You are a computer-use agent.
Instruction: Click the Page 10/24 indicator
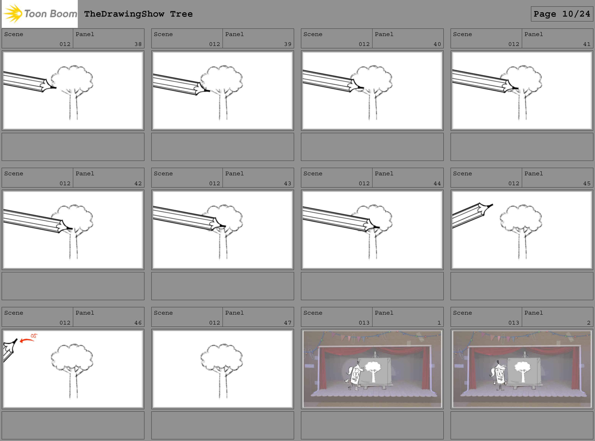pyautogui.click(x=562, y=14)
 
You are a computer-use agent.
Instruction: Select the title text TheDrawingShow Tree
pyautogui.click(x=138, y=14)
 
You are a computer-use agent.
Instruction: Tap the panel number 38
pyautogui.click(x=138, y=44)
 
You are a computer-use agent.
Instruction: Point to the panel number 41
pyautogui.click(x=587, y=44)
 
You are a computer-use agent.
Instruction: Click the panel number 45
pyautogui.click(x=587, y=183)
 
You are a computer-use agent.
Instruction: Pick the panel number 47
pyautogui.click(x=288, y=323)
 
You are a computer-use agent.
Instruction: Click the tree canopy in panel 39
pyautogui.click(x=222, y=78)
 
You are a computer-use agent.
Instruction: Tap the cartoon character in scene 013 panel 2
pyautogui.click(x=499, y=375)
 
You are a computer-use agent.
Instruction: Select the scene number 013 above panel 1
pyautogui.click(x=364, y=323)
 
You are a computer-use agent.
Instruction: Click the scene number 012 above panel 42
pyautogui.click(x=65, y=183)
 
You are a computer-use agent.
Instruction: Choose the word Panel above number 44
pyautogui.click(x=384, y=173)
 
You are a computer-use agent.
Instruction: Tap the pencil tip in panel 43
pyautogui.click(x=223, y=226)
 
